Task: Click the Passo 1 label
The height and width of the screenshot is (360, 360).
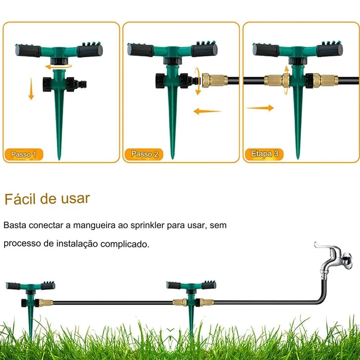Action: pyautogui.click(x=24, y=154)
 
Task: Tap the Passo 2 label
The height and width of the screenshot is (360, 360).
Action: pyautogui.click(x=144, y=154)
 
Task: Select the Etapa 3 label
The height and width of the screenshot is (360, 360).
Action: pyautogui.click(x=264, y=154)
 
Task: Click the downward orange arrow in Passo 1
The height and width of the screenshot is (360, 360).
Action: pyautogui.click(x=31, y=88)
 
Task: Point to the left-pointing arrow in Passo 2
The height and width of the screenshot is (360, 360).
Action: pyautogui.click(x=207, y=112)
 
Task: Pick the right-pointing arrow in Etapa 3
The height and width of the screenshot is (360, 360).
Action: pyautogui.click(x=261, y=108)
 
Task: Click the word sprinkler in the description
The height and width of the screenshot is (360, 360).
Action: pyautogui.click(x=147, y=225)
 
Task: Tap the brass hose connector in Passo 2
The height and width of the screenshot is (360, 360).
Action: pyautogui.click(x=215, y=80)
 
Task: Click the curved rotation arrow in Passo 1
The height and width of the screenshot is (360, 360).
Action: pyautogui.click(x=58, y=67)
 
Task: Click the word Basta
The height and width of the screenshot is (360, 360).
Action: pyautogui.click(x=15, y=225)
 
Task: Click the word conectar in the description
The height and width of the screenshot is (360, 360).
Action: pyautogui.click(x=46, y=225)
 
